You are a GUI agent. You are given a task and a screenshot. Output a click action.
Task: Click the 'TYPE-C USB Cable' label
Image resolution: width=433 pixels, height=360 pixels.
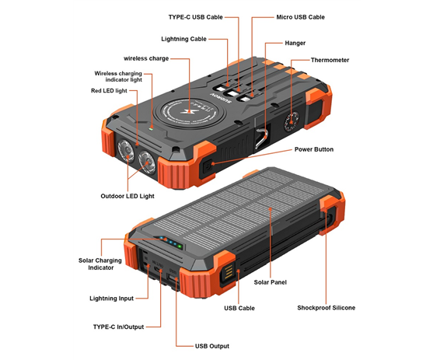point(196,17)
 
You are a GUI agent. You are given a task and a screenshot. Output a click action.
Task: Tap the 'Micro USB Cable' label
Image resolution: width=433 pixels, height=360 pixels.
point(300,17)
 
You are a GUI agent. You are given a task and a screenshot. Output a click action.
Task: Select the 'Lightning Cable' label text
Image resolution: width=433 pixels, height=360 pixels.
point(184,39)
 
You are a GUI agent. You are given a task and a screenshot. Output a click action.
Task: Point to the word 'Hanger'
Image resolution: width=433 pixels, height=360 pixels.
point(295,43)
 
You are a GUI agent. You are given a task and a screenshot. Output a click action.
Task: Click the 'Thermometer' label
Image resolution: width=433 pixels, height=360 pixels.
point(330,60)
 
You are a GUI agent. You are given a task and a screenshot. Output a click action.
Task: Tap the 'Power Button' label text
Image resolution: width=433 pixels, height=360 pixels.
point(314,149)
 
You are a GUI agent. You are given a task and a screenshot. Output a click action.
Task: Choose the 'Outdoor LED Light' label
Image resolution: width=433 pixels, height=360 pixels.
point(127,196)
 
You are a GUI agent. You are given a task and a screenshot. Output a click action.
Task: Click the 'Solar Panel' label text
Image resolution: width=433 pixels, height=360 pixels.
point(270,282)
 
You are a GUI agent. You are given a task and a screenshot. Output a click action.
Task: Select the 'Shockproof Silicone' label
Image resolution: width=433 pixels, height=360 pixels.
point(326,308)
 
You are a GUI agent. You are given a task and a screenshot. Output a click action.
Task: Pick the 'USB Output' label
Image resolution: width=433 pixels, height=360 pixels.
point(212,346)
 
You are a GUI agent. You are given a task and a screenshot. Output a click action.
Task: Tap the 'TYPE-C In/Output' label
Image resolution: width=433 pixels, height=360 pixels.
point(118,327)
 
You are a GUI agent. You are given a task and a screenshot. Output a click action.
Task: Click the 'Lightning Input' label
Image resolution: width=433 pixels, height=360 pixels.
point(112,299)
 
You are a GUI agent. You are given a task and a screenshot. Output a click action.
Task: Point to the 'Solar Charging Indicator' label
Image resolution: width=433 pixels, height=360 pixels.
point(100,264)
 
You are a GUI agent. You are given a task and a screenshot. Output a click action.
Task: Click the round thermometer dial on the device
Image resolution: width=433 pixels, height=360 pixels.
point(291,121)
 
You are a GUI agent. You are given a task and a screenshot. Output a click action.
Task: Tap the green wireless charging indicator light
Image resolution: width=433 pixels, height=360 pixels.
point(151,128)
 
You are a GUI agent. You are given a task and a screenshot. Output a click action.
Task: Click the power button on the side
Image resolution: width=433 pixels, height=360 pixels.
point(207,166)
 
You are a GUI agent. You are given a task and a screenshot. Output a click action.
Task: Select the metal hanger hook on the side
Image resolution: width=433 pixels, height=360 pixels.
point(261,138)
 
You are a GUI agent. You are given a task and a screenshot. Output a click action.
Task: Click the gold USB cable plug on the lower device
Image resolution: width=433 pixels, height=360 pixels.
point(229,272)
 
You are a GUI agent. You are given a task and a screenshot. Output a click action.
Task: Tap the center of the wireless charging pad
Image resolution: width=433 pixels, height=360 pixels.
point(190,111)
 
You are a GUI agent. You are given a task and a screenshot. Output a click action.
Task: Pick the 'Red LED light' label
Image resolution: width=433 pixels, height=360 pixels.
point(109,91)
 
